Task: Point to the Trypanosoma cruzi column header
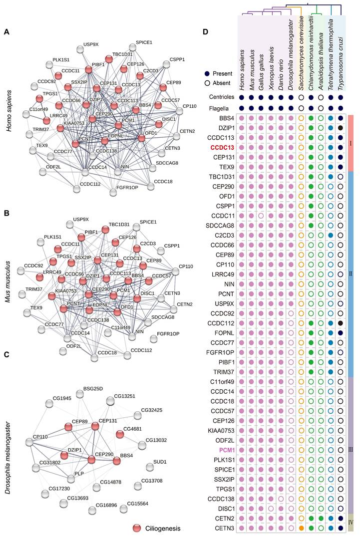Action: coord(340,47)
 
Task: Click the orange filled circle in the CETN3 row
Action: coord(301,528)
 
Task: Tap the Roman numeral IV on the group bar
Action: coord(351,522)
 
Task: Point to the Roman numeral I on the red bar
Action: coord(351,143)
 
